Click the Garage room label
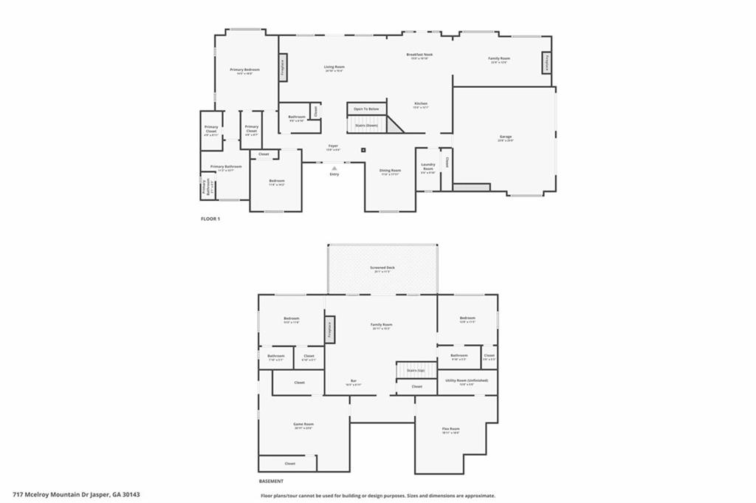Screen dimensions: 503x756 [506, 137]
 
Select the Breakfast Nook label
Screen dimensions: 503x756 [419, 55]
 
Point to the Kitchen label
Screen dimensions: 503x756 [421, 103]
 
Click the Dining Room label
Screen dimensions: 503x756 [390, 171]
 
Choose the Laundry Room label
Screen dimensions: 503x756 [428, 167]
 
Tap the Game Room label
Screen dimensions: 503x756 [303, 425]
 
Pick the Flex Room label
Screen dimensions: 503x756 [450, 429]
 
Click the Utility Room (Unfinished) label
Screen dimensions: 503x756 [461, 381]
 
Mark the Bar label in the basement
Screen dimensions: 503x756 [354, 381]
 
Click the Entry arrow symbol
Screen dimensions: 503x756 [334, 168]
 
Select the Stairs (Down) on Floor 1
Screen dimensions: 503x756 [367, 126]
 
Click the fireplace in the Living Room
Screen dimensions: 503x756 [283, 68]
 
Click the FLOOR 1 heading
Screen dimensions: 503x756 [210, 219]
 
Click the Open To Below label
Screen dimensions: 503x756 [366, 109]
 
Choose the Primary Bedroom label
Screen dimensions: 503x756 [245, 69]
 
